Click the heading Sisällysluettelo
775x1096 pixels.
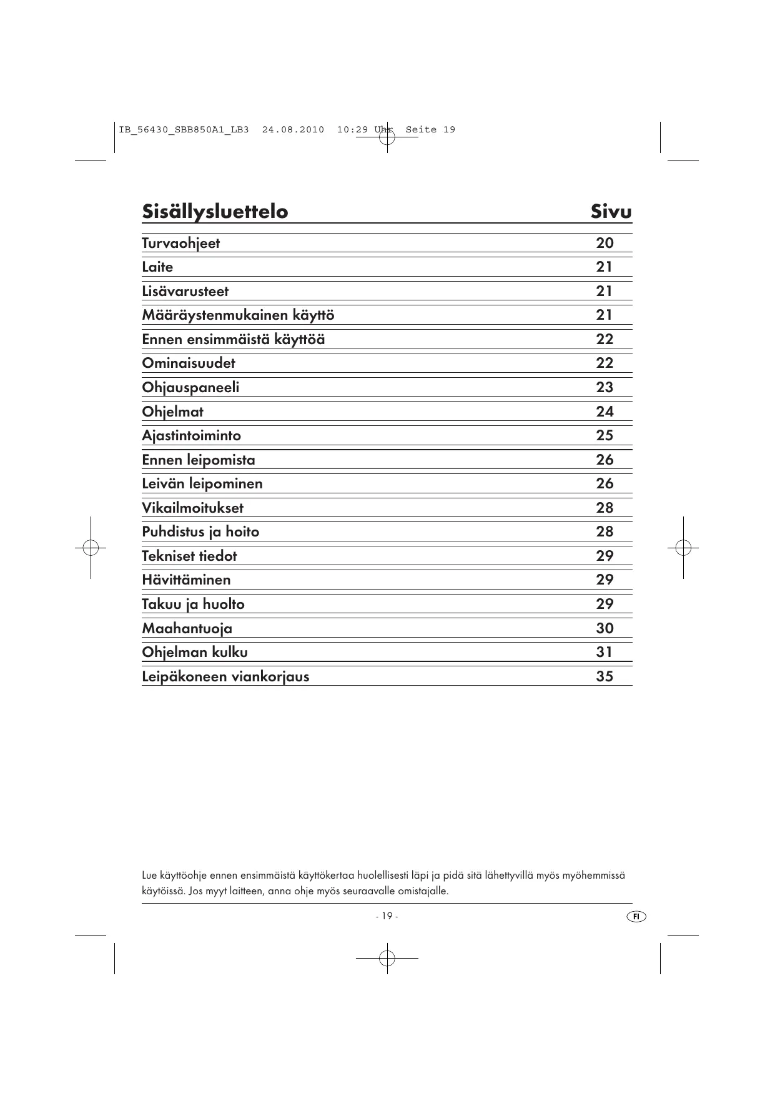pos(215,212)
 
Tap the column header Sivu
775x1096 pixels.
pos(611,212)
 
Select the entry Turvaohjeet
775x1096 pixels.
pos(180,244)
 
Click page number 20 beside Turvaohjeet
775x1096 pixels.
pos(605,243)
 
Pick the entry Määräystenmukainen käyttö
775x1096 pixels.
pos(238,315)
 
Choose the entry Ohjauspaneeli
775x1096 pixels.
pos(190,388)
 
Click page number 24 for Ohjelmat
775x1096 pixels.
pos(605,412)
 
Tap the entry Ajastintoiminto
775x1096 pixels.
pos(191,436)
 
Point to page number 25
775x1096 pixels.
pos(605,435)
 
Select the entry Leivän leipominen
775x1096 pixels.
pos(202,484)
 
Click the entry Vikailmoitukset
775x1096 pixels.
pos(192,508)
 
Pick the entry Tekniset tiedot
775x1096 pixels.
pos(189,556)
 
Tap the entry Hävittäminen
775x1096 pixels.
pos(186,580)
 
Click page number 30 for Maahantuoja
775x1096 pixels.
pos(605,628)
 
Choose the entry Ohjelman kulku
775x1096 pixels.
pos(195,653)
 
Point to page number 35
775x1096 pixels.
pos(605,676)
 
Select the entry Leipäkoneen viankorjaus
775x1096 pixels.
pos(225,677)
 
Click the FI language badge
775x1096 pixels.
pos(636,916)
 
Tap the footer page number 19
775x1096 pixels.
pos(387,916)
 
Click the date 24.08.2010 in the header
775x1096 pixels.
pos(293,130)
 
